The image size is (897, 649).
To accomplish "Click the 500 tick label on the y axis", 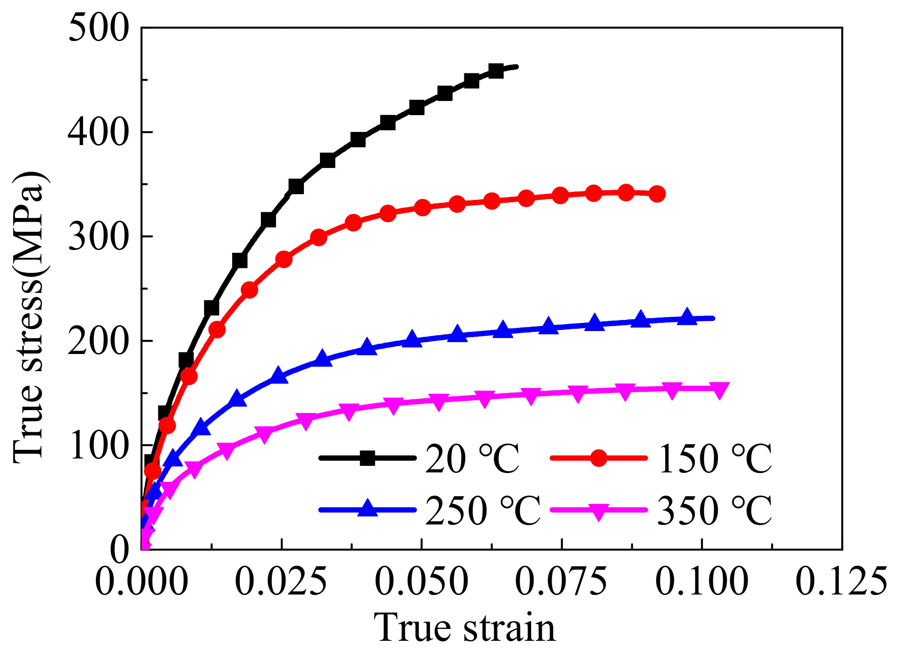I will click(x=98, y=28).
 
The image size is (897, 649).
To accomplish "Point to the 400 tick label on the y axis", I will click(x=98, y=132).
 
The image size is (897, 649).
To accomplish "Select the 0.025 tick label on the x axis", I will click(x=281, y=581).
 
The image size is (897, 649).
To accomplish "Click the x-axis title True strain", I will click(x=464, y=628).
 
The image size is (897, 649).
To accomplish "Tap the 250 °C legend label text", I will click(x=482, y=511).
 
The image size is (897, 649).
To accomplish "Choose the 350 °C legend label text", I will click(x=714, y=511).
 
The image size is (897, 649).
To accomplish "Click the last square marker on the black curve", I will click(x=496, y=71).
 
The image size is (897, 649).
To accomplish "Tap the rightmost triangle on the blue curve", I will click(x=687, y=317).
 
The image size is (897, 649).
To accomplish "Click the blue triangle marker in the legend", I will click(x=367, y=508).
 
